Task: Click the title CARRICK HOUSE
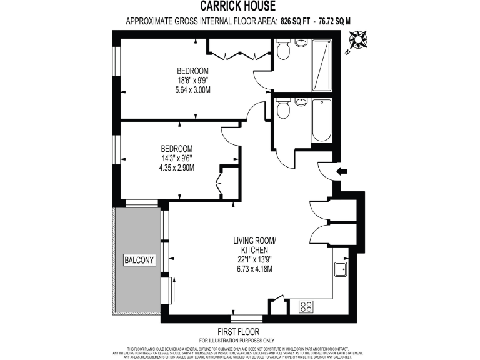click(x=239, y=6)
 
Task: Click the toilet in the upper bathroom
click(x=284, y=50)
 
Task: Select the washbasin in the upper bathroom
click(x=301, y=43)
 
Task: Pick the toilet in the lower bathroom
click(x=284, y=110)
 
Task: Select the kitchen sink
click(x=342, y=269)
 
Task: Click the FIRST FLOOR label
click(x=239, y=331)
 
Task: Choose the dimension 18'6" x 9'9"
click(x=192, y=80)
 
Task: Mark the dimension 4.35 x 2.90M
click(x=177, y=167)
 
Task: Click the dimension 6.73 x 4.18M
click(x=253, y=269)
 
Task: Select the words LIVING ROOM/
click(x=254, y=241)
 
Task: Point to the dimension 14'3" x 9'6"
click(x=177, y=158)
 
